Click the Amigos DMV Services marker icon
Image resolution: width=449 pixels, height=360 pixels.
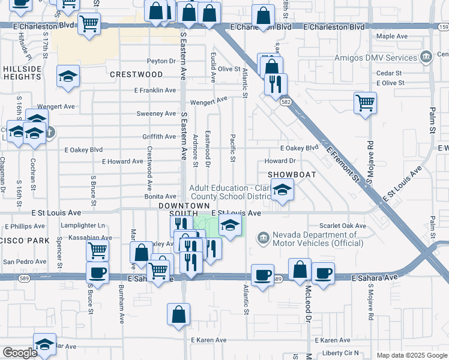pos(426,58)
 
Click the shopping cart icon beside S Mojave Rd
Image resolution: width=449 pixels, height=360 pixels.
pos(365,103)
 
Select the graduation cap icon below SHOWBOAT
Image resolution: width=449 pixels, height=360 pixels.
pos(282,190)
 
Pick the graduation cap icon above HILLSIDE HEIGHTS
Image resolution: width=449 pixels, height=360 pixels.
pos(68,76)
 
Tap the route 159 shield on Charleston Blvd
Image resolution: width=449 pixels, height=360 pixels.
pos(443,27)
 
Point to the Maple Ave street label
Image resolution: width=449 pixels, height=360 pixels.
pos(392,37)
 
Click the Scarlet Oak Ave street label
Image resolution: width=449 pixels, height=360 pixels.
pos(342,226)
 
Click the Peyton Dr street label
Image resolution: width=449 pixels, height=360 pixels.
pos(161,61)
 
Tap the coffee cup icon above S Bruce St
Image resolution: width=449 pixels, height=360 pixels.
pos(97,272)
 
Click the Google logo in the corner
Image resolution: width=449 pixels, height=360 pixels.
pos(20,353)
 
